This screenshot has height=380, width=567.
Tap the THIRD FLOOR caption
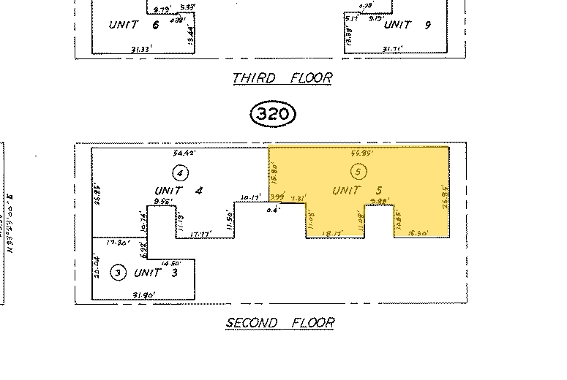282,77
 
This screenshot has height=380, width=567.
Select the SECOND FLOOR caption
279,322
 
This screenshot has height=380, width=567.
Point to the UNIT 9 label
408,25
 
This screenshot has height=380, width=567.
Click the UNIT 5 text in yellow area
358,190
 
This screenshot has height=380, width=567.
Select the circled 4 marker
180,172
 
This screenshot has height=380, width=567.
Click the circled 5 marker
358,172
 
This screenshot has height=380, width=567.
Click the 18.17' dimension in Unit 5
334,233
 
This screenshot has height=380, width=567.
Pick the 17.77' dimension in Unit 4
200,234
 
